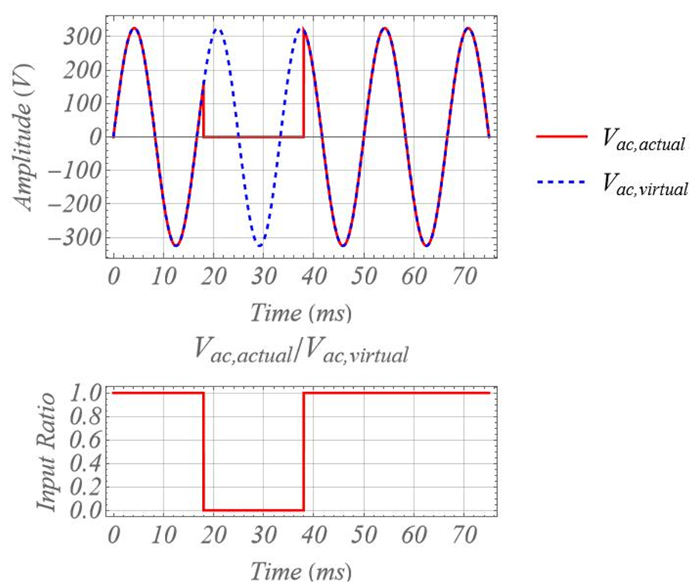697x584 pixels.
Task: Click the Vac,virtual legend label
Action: pyautogui.click(x=646, y=185)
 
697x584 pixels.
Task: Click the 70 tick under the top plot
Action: pyautogui.click(x=465, y=276)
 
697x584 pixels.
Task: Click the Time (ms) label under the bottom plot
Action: pyautogui.click(x=300, y=571)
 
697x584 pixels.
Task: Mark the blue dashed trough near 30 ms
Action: pyautogui.click(x=259, y=246)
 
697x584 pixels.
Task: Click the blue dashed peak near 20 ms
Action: pyautogui.click(x=218, y=29)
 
